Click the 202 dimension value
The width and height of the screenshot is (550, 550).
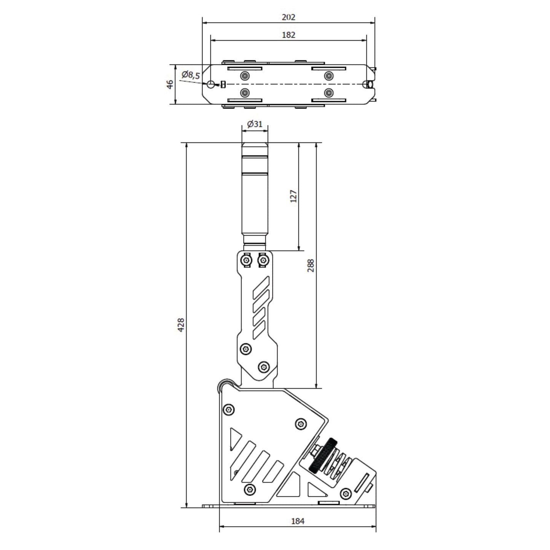[x=289, y=18]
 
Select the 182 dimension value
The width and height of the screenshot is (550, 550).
[x=289, y=35]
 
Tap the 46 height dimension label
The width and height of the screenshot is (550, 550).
[x=170, y=84]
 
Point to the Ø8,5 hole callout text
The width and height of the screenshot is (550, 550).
[x=191, y=75]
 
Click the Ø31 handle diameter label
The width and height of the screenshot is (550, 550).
[x=255, y=124]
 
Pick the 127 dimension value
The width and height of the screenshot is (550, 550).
[x=293, y=196]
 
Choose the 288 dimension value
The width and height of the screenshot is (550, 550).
[x=311, y=265]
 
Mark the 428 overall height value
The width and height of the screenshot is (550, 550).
[x=181, y=325]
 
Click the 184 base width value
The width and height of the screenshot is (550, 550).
[x=298, y=521]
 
